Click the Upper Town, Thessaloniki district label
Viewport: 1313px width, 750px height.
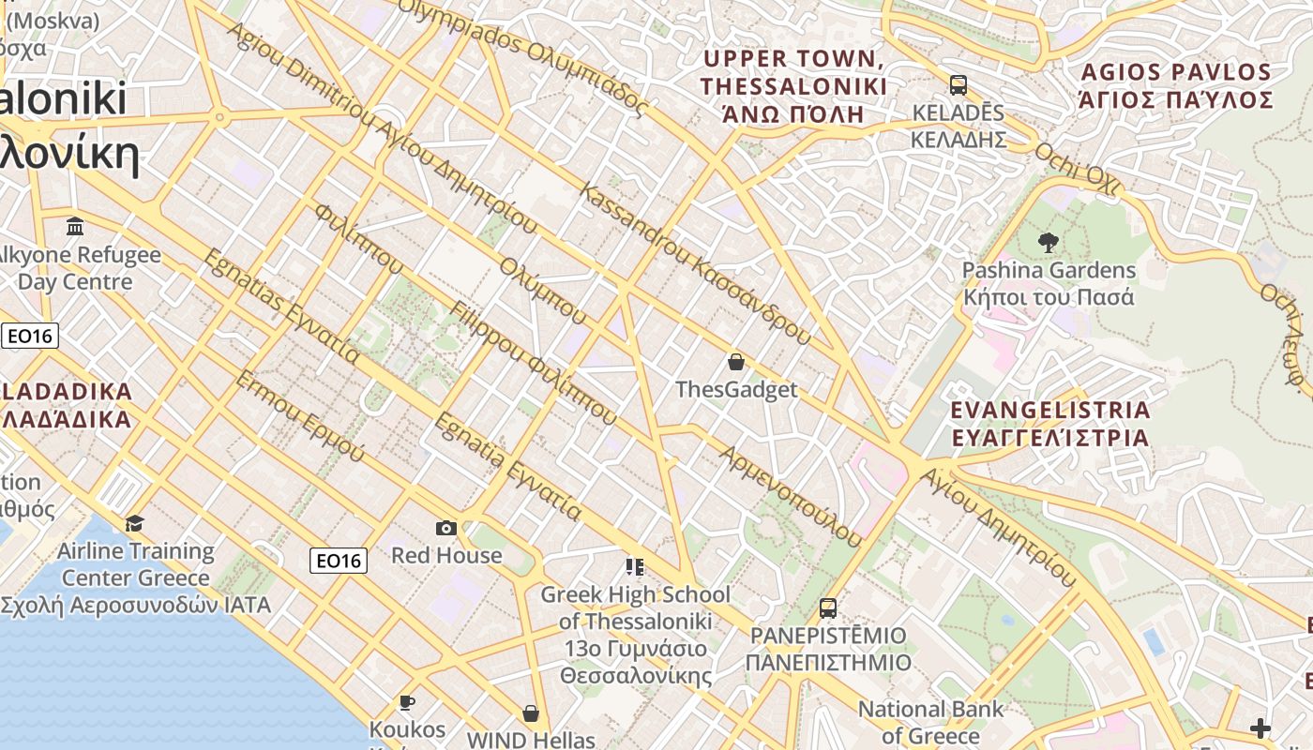(x=793, y=86)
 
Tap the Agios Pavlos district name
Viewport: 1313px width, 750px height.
(x=1176, y=86)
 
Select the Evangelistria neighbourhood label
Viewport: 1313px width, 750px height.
(x=1049, y=424)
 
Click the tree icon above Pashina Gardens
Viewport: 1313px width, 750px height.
(x=1048, y=242)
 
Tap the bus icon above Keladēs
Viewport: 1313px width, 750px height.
(x=958, y=85)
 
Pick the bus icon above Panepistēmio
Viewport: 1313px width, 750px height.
(x=827, y=607)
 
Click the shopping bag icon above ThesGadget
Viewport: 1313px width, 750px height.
(x=736, y=361)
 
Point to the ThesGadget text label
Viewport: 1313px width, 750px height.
(x=736, y=389)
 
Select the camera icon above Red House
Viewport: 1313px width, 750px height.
(x=446, y=528)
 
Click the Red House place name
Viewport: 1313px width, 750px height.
(x=446, y=555)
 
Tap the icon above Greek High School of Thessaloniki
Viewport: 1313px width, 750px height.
(x=635, y=566)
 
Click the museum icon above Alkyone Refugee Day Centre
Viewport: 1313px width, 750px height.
(x=75, y=226)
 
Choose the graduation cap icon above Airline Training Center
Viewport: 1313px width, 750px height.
(x=135, y=523)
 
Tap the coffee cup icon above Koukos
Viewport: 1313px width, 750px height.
(x=406, y=701)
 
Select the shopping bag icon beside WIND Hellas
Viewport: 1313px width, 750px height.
(x=531, y=713)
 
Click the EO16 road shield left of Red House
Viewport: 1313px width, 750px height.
(x=339, y=561)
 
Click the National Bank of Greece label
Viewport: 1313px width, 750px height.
(x=930, y=722)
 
